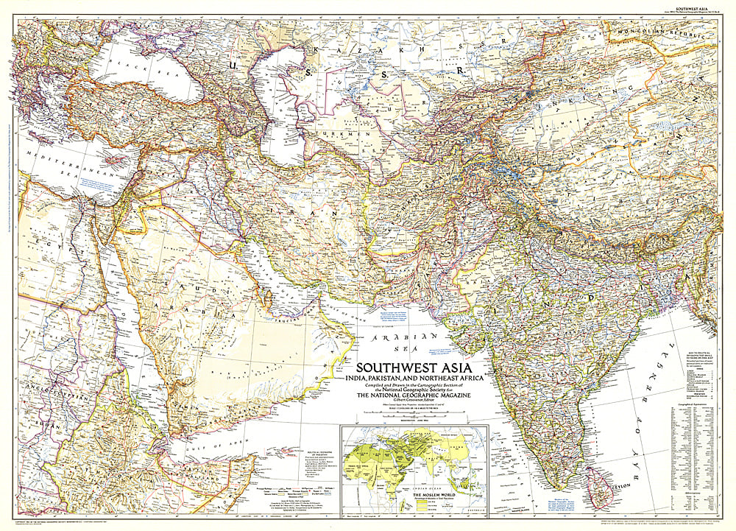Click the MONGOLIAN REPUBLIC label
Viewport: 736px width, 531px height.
(648, 34)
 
